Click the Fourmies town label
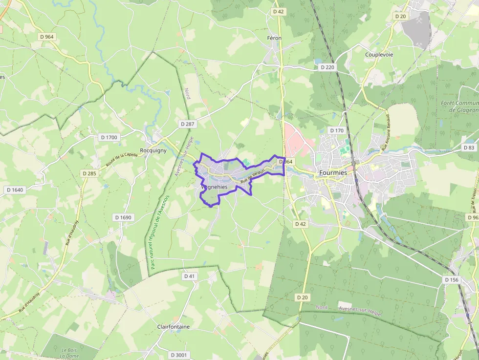tap(332, 173)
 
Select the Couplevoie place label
tap(379, 55)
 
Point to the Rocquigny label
tap(153, 150)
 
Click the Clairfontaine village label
tap(174, 326)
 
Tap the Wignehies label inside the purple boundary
tap(214, 187)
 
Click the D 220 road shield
tap(327, 67)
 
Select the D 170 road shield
tap(337, 130)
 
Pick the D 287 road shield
tap(187, 124)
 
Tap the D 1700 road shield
tap(109, 137)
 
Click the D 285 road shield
tap(89, 173)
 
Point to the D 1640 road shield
tap(15, 190)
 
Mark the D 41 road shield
tap(190, 276)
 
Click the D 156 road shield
tap(452, 280)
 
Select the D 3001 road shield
tap(179, 355)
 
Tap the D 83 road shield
tap(469, 148)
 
